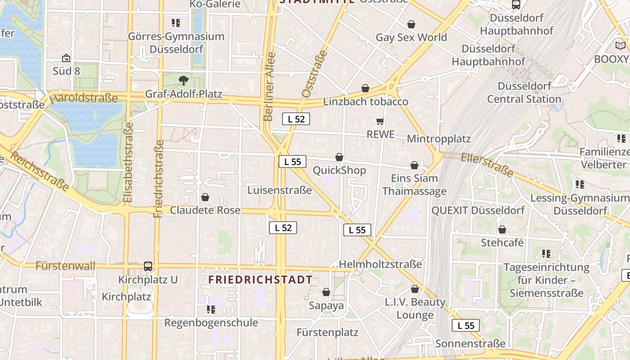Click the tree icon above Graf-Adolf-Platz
point(183,81)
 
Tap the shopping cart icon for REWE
point(380,121)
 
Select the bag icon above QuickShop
point(339,157)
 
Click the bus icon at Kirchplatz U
point(148,266)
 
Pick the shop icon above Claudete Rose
point(205,197)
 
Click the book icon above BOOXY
point(621,45)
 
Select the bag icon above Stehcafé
point(502,230)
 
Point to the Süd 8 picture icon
point(66,58)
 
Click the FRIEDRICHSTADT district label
point(260,279)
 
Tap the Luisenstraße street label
point(279,190)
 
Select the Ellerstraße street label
point(487,165)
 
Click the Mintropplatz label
point(439,139)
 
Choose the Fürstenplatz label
point(327,333)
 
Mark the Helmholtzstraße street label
point(380,264)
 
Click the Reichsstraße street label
point(40,171)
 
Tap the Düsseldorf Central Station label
point(524,92)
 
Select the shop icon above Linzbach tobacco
point(365,88)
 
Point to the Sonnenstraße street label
point(470,344)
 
